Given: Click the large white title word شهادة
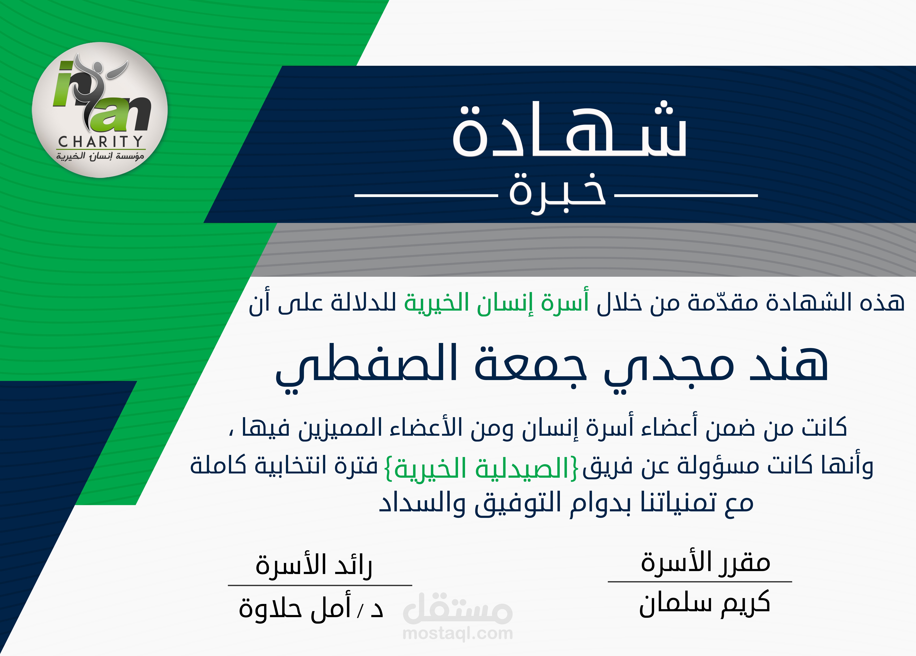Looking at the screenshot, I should [569, 131].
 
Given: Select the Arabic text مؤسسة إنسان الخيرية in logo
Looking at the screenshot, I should [100, 156].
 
